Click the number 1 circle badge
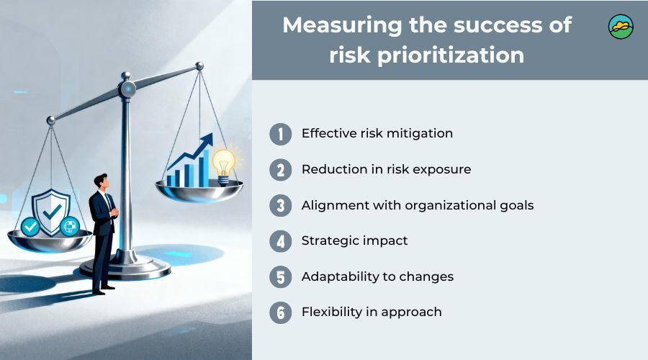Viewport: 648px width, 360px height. [281, 135]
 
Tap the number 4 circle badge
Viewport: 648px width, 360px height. [281, 241]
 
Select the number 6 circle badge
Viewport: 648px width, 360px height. [281, 312]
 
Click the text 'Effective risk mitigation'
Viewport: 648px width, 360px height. [377, 133]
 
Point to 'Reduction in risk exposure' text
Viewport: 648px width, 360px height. [386, 169]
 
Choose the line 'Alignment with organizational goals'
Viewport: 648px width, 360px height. [418, 205]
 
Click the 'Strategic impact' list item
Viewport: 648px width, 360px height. [354, 240]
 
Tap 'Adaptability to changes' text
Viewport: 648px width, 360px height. [377, 276]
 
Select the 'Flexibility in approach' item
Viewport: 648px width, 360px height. [372, 312]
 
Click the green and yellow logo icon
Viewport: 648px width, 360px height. [621, 27]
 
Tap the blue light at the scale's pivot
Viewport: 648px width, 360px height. [128, 89]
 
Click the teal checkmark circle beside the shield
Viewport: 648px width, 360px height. [30, 226]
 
